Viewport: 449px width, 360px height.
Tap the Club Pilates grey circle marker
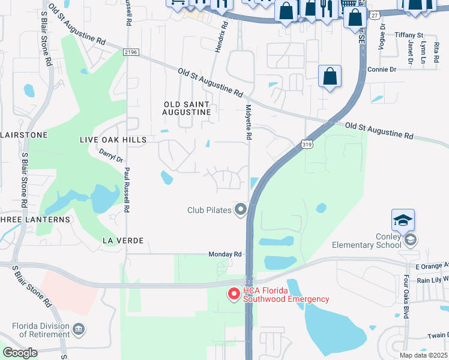[241, 209]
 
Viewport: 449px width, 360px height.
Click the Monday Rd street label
[224, 254]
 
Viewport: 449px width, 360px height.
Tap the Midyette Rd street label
[248, 122]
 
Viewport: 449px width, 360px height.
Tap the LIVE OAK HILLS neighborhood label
[113, 140]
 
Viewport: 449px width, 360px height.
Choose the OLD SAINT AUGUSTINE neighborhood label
[187, 108]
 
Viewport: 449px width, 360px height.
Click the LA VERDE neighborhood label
[122, 241]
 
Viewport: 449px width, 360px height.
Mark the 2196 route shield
[131, 53]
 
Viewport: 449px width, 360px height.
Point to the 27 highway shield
[375, 16]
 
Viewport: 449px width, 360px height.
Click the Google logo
[20, 353]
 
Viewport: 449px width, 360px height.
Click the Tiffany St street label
[409, 35]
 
